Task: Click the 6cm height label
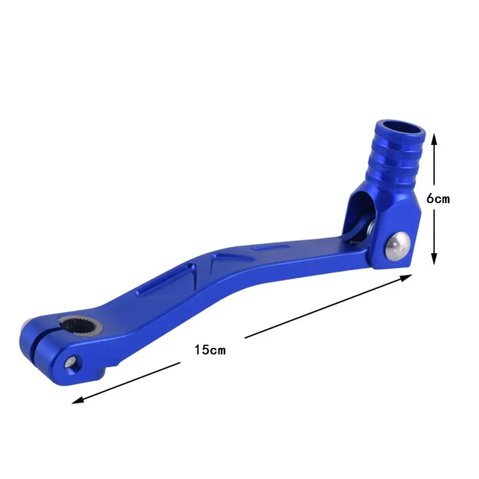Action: pos(438,198)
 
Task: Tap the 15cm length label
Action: pos(210,350)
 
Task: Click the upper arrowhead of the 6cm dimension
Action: pos(433,139)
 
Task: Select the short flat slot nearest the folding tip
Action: pos(271,248)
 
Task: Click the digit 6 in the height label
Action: pos(430,198)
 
